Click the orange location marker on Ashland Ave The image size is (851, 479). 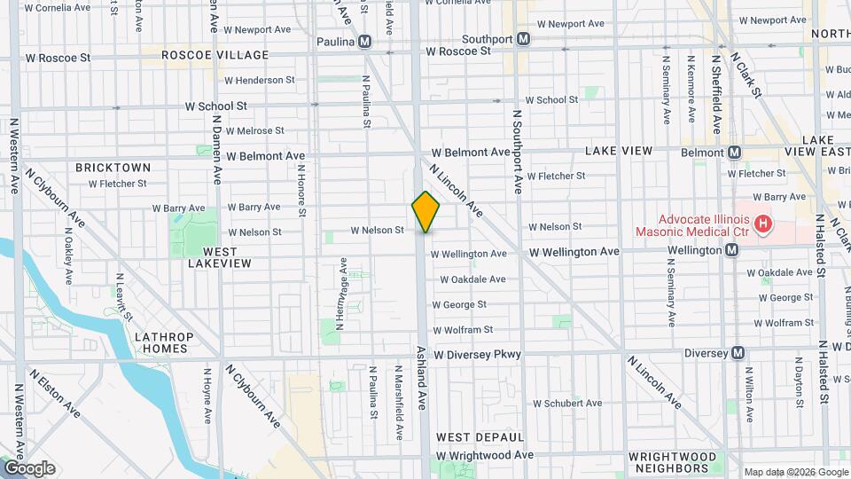click(425, 212)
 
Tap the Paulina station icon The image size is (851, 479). click(363, 42)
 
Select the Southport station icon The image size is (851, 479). click(524, 39)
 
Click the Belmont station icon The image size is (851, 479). click(734, 152)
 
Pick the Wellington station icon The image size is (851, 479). click(731, 251)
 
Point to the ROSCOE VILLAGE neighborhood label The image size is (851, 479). click(215, 55)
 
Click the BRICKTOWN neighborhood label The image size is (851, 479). click(113, 167)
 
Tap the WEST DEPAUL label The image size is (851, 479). click(480, 437)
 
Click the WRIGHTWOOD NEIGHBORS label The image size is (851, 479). click(673, 462)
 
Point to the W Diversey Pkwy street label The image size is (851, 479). click(477, 355)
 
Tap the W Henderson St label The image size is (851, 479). click(259, 80)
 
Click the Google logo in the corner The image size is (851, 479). click(28, 468)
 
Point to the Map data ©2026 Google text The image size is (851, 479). click(795, 472)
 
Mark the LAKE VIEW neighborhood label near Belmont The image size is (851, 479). click(619, 152)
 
